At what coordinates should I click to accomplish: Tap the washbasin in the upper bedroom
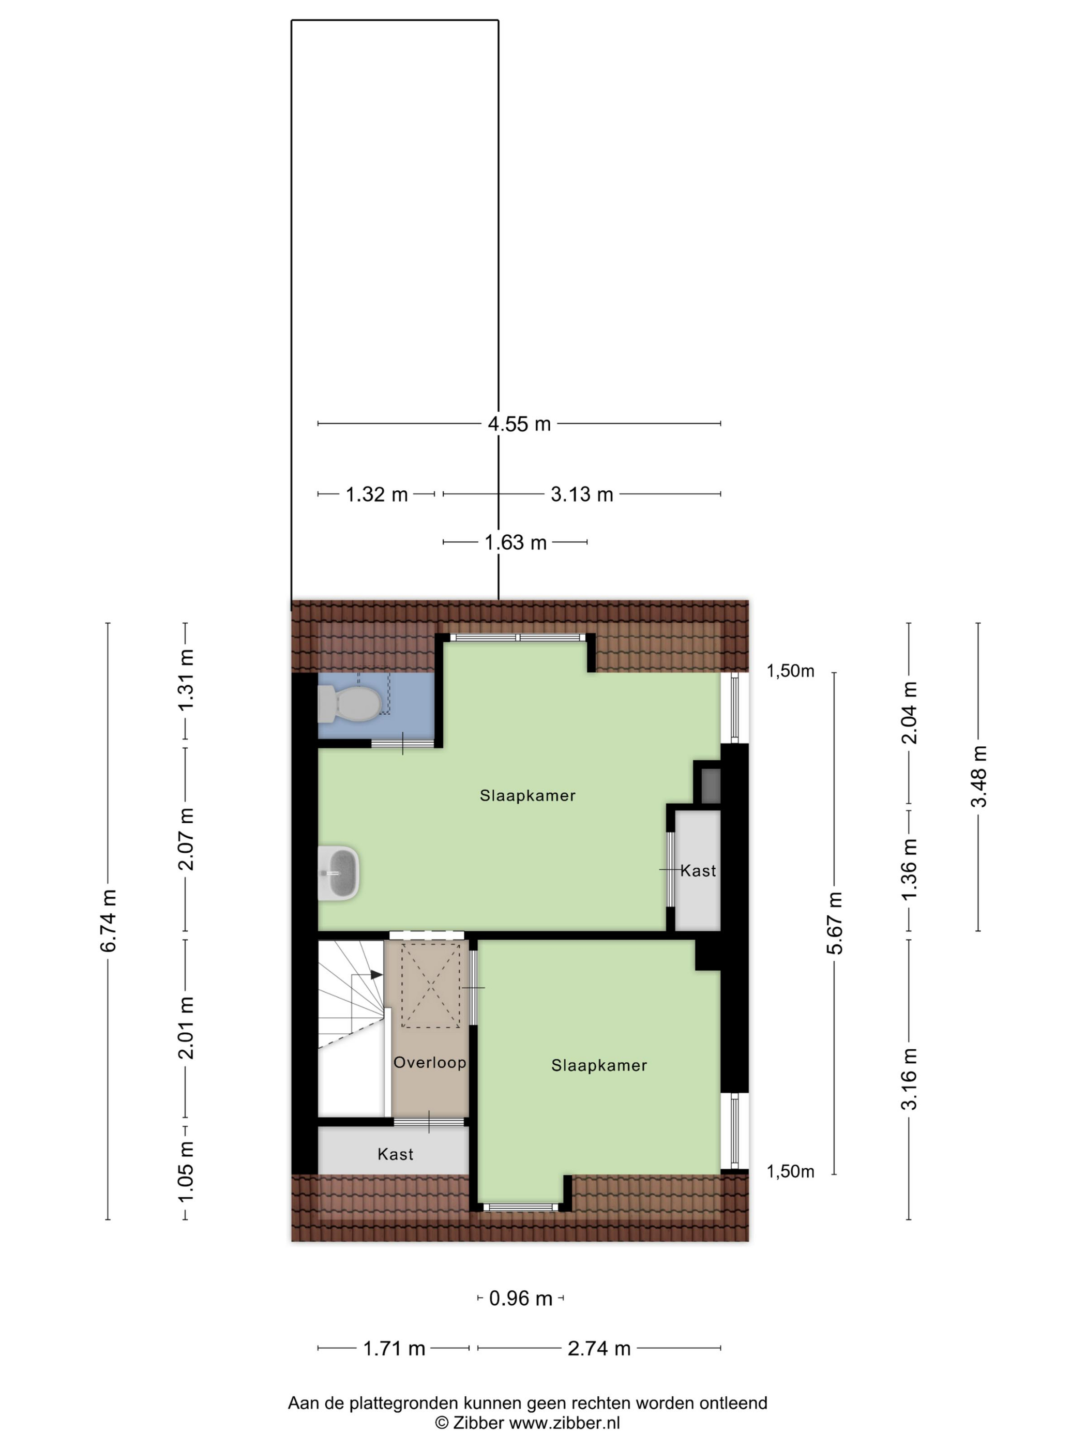(x=338, y=872)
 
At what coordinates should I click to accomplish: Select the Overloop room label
(x=429, y=1062)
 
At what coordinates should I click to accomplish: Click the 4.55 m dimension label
(x=519, y=424)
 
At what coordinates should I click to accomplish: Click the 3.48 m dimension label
(x=978, y=776)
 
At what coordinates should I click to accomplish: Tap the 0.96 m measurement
(x=521, y=1298)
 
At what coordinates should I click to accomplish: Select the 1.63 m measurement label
(x=515, y=542)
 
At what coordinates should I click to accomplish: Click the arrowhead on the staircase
(x=376, y=975)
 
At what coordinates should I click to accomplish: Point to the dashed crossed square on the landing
(x=430, y=984)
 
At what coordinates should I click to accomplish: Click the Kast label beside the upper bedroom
(x=698, y=871)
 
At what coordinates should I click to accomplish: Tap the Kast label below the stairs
(x=396, y=1154)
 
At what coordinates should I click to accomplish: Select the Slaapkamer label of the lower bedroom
(x=599, y=1066)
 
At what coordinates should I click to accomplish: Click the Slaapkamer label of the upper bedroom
(x=527, y=795)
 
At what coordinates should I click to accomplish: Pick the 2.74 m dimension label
(x=599, y=1349)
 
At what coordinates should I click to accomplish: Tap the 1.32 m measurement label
(x=376, y=494)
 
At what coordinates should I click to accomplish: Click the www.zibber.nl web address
(x=564, y=1423)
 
